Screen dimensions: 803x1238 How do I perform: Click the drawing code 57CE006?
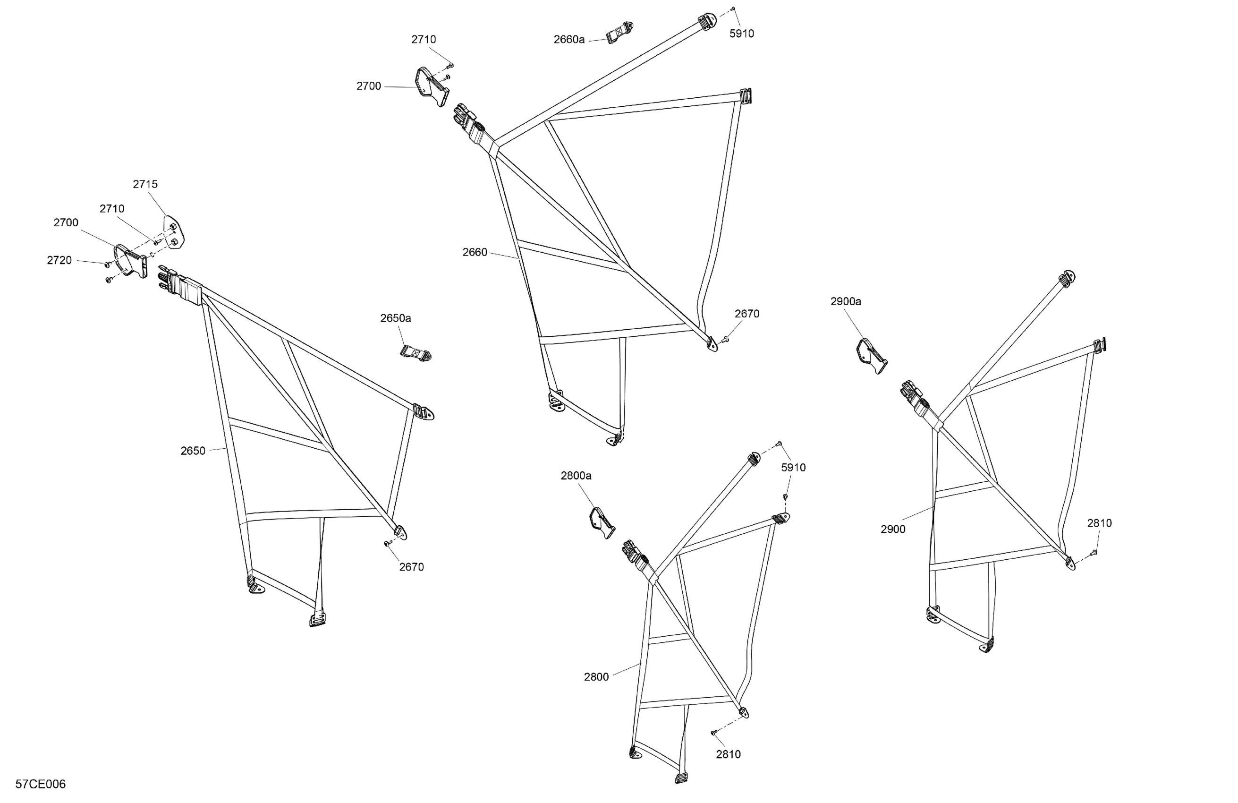click(41, 784)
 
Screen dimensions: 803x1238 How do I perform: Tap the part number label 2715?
click(145, 184)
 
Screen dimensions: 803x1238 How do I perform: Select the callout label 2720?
click(59, 260)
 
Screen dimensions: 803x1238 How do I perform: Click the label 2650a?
click(395, 318)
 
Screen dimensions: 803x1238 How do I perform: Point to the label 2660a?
click(569, 40)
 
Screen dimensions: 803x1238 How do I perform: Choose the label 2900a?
click(846, 301)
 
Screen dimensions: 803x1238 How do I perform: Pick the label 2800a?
click(576, 476)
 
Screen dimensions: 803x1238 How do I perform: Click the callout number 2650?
click(193, 451)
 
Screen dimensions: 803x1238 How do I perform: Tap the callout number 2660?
click(475, 252)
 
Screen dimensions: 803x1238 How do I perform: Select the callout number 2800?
click(596, 677)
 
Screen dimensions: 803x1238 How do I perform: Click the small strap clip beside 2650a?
click(416, 352)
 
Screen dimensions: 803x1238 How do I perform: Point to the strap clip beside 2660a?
click(620, 32)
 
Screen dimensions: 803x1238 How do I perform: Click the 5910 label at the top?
click(742, 34)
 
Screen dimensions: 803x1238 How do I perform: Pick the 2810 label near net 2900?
click(1100, 523)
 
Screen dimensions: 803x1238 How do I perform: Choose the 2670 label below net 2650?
click(411, 567)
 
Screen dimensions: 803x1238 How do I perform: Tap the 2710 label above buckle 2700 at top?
click(424, 40)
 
